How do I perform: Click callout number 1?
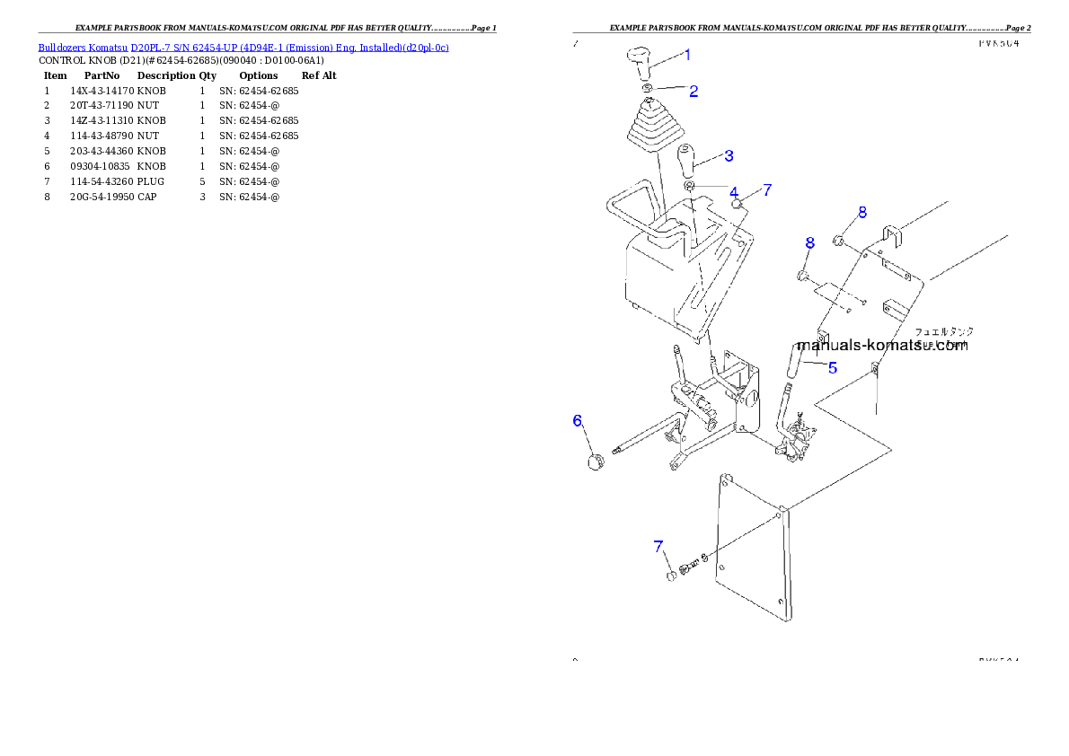click(x=687, y=55)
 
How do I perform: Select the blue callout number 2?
click(x=694, y=91)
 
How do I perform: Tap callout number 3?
click(x=729, y=155)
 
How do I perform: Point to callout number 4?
click(x=734, y=193)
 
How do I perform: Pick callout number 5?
click(x=833, y=367)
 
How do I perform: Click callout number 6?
click(x=579, y=420)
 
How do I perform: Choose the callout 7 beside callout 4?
click(x=767, y=189)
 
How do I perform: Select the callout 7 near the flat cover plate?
click(x=658, y=546)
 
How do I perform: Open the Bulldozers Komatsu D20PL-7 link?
click(x=243, y=48)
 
